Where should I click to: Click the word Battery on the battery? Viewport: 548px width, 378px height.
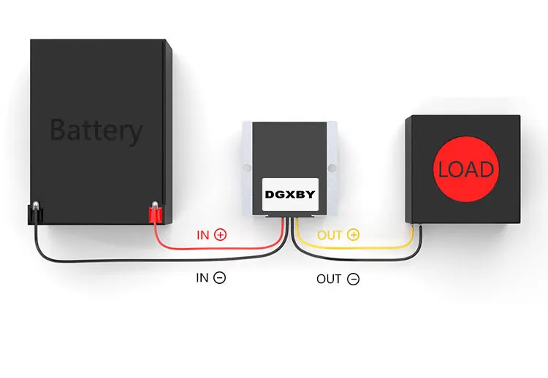coord(96,131)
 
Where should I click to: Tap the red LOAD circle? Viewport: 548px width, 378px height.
coord(466,169)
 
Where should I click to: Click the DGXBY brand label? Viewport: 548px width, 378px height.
coord(290,194)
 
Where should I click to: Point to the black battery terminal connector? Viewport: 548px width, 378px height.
coord(35,215)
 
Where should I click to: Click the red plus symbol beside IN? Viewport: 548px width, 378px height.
coord(220,234)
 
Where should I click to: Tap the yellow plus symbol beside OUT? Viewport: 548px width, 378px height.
coord(353,234)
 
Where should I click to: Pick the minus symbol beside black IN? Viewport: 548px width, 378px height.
coord(219,278)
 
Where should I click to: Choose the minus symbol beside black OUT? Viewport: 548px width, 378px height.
coord(353,279)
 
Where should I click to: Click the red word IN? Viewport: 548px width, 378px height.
coord(202,235)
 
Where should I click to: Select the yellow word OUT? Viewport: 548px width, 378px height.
coord(330,235)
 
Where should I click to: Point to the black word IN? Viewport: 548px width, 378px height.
coord(202,278)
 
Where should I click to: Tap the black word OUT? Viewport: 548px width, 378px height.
coord(329,279)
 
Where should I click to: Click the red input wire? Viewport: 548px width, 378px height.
coord(217,249)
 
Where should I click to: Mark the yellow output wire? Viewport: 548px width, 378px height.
coord(353,248)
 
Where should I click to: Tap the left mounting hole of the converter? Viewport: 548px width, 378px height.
coord(247,168)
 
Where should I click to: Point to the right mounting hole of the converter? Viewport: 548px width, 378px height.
coord(332,169)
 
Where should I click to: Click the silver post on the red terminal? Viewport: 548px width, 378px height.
coord(155,204)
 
